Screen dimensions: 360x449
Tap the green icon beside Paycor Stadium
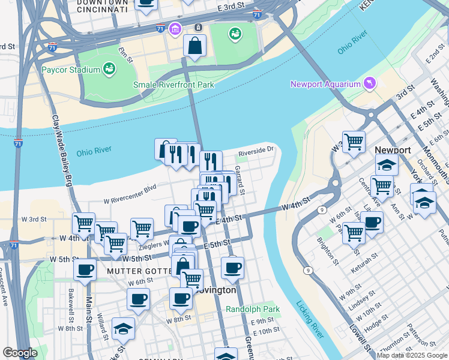pos(109,69)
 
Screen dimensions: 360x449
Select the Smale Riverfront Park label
pos(173,85)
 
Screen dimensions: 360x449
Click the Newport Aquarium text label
pos(324,84)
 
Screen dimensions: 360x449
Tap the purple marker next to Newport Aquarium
pos(369,83)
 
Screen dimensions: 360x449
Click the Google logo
pos(20,353)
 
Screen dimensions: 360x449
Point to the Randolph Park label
pos(253,310)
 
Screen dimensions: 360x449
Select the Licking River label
pos(310,318)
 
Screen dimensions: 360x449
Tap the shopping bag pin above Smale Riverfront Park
pos(194,46)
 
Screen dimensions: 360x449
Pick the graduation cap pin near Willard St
pos(123,328)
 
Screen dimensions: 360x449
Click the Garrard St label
pos(240,180)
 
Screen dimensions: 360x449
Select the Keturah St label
pos(365,267)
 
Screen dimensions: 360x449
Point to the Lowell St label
pos(358,335)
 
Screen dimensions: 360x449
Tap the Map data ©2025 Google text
pos(412,355)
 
